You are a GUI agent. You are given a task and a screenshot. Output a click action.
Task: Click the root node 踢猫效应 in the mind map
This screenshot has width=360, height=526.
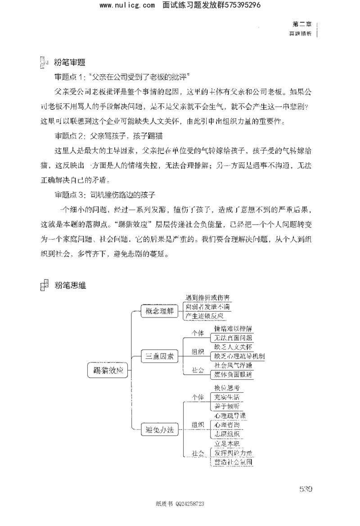tap(108, 371)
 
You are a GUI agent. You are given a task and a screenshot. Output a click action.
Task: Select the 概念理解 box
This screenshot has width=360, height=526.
tap(157, 311)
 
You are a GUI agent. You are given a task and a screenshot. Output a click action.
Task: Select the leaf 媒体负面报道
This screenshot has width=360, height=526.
tap(233, 374)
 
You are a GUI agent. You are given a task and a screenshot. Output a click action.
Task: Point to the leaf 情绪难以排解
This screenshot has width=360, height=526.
tap(233, 328)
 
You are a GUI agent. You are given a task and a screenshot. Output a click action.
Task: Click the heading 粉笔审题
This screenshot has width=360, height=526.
tap(69, 62)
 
